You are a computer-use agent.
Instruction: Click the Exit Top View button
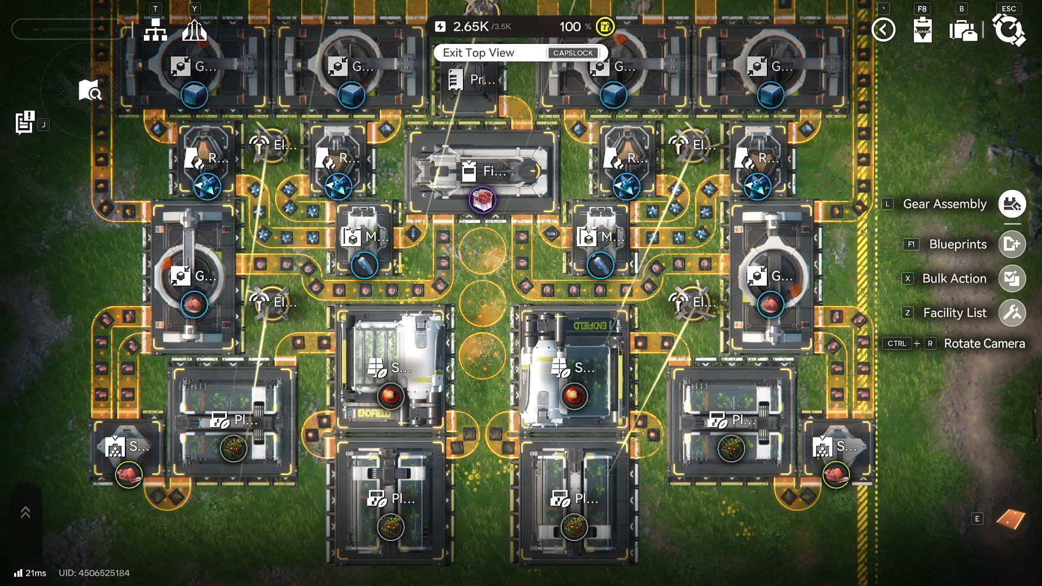pyautogui.click(x=478, y=53)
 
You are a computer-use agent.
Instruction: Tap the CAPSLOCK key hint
pyautogui.click(x=573, y=53)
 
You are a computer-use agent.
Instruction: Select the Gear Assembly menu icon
pyautogui.click(x=1012, y=204)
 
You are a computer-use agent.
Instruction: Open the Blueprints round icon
pyautogui.click(x=1012, y=244)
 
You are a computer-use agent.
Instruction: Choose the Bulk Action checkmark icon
pyautogui.click(x=1012, y=278)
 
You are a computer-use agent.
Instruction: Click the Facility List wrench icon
pyautogui.click(x=1012, y=313)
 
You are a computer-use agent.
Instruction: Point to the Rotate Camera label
pyautogui.click(x=984, y=343)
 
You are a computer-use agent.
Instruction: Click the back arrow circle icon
pyautogui.click(x=883, y=29)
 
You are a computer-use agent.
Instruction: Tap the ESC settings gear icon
pyautogui.click(x=1008, y=29)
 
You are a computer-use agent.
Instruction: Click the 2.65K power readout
pyautogui.click(x=471, y=27)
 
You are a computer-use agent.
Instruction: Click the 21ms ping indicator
pyautogui.click(x=30, y=573)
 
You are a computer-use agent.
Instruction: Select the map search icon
pyautogui.click(x=90, y=91)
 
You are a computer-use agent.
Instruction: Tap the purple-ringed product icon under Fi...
pyautogui.click(x=482, y=200)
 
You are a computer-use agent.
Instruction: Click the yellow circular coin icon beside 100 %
pyautogui.click(x=605, y=27)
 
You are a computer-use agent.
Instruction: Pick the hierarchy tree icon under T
pyautogui.click(x=155, y=30)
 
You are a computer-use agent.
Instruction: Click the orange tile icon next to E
pyautogui.click(x=1011, y=519)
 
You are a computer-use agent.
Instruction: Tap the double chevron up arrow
pyautogui.click(x=25, y=512)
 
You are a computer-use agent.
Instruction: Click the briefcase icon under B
pyautogui.click(x=963, y=30)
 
